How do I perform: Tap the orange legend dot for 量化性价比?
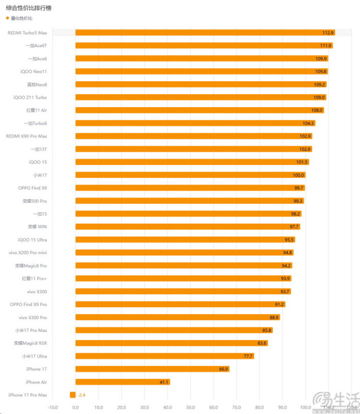[x=7, y=19]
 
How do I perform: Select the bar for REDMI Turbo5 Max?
[x=200, y=33]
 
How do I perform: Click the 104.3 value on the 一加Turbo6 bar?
[x=308, y=123]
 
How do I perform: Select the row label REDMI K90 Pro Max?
[x=26, y=136]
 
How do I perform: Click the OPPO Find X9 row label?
[x=32, y=188]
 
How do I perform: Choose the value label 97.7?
[x=294, y=227]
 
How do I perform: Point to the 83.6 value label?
[x=262, y=343]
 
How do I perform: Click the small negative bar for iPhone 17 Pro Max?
[x=73, y=395]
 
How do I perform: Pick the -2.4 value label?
[x=81, y=395]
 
